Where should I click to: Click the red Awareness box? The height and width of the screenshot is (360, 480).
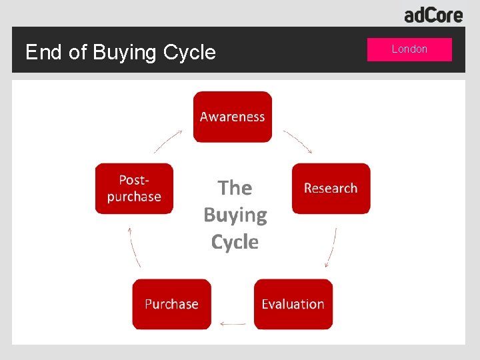coord(233,117)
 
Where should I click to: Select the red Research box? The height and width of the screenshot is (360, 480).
coord(331,188)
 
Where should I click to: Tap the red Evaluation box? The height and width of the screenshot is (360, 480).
coord(293,304)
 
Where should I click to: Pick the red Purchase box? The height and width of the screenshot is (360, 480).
coord(171,304)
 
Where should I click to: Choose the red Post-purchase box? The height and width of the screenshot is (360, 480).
coord(134,188)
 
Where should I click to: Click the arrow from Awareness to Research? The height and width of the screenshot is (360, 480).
coord(298,141)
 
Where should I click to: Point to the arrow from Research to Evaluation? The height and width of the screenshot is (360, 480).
coord(331,247)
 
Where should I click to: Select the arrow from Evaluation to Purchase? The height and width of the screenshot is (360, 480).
coord(233,325)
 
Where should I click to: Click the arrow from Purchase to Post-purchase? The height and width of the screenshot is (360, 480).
coord(134,247)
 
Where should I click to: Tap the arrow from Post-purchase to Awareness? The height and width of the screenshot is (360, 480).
coord(168,141)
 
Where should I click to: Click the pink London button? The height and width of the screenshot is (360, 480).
coord(409,49)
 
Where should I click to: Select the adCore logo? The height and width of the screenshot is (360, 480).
coord(433,14)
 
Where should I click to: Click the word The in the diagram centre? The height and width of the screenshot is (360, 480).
coord(235,188)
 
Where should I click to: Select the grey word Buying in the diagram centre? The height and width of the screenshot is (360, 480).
coord(235,215)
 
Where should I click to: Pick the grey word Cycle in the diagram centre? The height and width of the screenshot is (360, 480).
coord(235,242)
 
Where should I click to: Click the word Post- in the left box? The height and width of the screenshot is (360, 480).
coord(134,180)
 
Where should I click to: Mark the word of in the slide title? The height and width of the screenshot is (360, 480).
coord(77,52)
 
